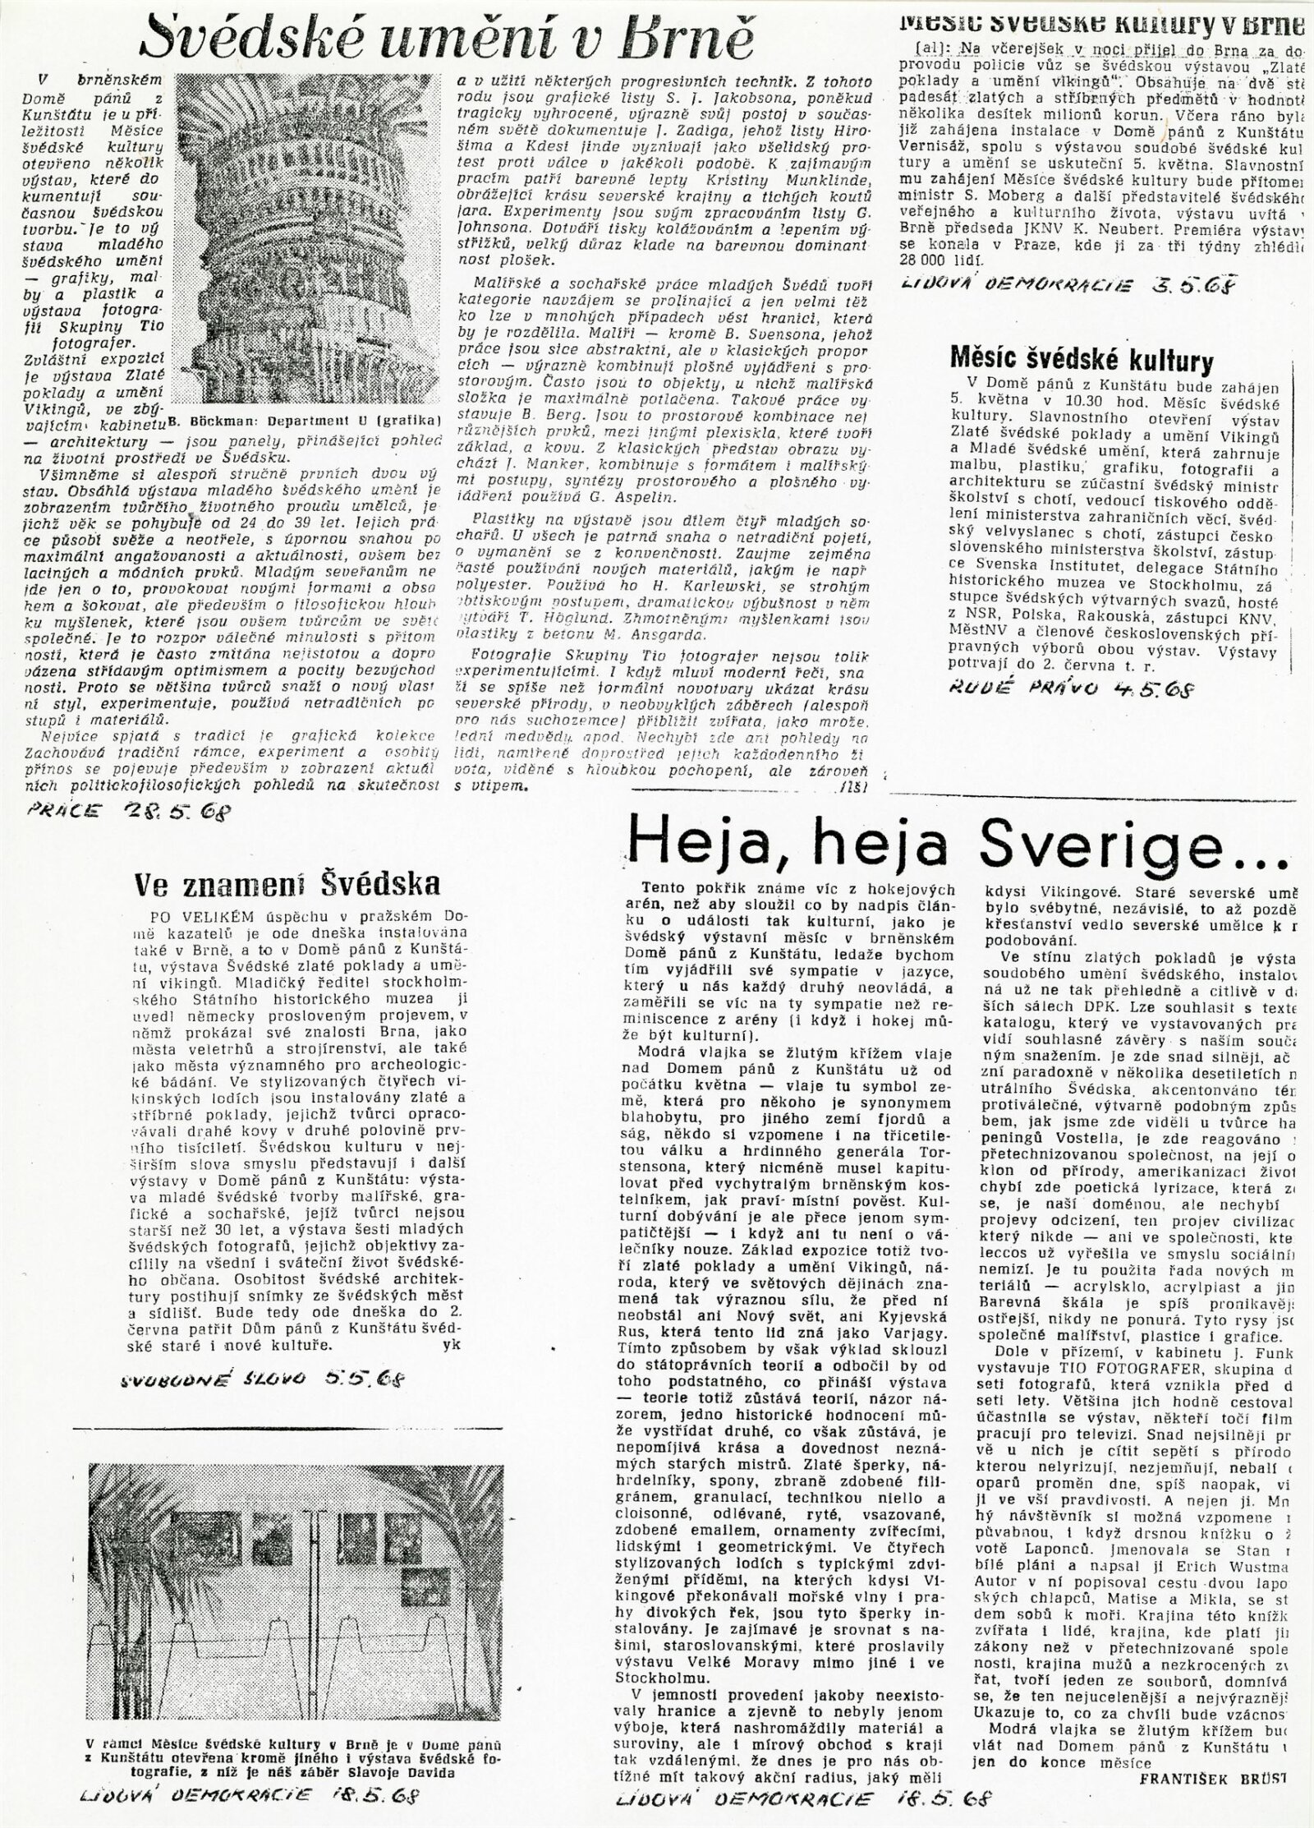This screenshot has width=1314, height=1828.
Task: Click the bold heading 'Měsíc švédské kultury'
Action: tap(1082, 360)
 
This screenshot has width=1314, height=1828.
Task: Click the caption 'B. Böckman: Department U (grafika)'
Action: tap(305, 423)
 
